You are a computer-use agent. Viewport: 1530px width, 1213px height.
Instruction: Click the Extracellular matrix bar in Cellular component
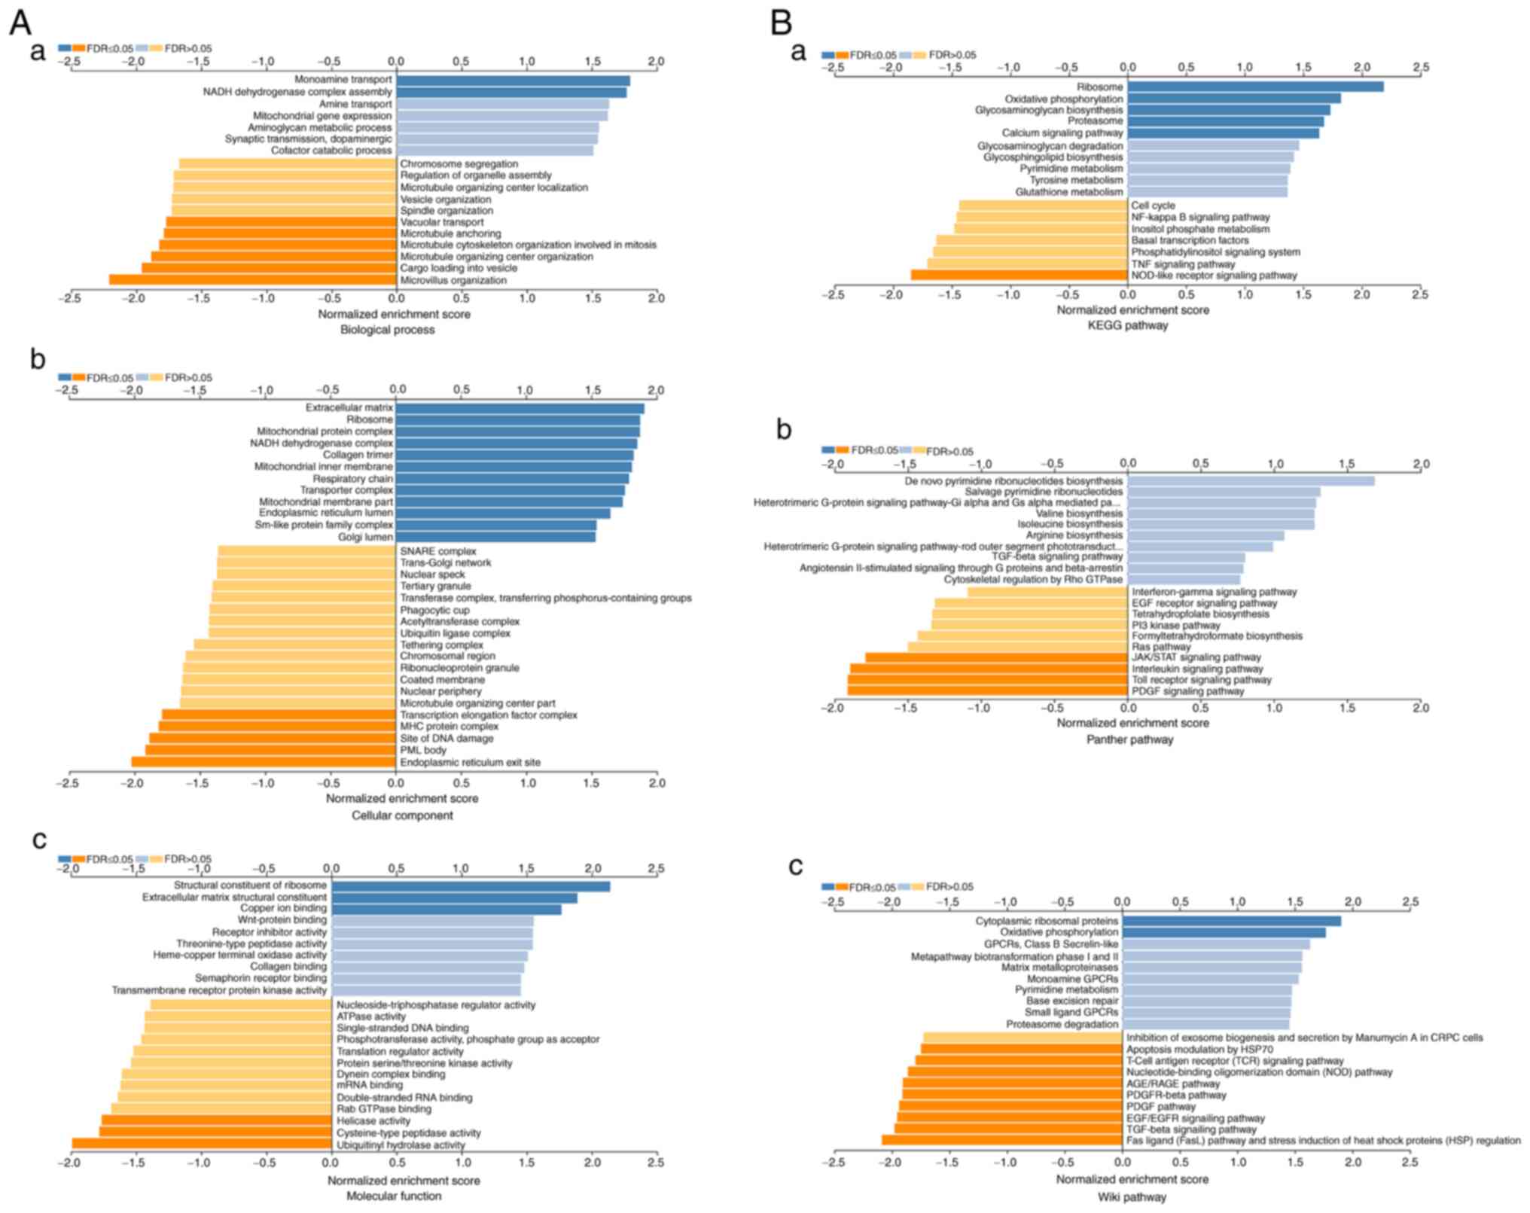pyautogui.click(x=520, y=408)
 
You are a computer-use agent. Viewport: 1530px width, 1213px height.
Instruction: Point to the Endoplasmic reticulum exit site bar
pyautogui.click(x=264, y=762)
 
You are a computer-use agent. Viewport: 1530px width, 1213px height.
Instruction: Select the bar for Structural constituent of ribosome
pyautogui.click(x=471, y=886)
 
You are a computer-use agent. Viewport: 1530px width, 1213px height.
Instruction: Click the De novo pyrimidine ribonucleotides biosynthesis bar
pyautogui.click(x=1251, y=480)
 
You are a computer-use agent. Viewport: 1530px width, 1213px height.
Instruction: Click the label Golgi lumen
pyautogui.click(x=365, y=537)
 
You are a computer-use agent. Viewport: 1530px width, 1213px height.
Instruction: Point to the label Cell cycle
pyautogui.click(x=1153, y=206)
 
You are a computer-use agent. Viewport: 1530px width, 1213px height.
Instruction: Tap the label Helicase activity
pyautogui.click(x=373, y=1121)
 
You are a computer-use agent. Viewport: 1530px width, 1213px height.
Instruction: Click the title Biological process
pyautogui.click(x=387, y=330)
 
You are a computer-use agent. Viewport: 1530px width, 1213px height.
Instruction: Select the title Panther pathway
pyautogui.click(x=1129, y=739)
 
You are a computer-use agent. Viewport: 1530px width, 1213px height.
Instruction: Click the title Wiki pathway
pyautogui.click(x=1132, y=1196)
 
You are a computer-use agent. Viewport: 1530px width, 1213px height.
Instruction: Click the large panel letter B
pyautogui.click(x=781, y=23)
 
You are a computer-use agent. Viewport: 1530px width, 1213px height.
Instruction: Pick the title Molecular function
pyautogui.click(x=394, y=1196)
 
